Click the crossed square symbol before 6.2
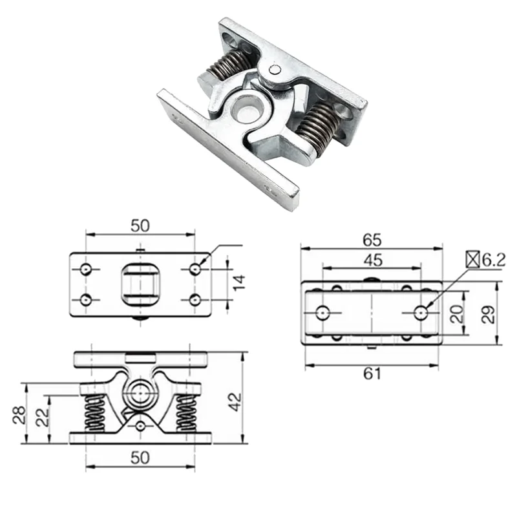point(473,260)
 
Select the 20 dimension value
point(457,314)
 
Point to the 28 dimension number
point(19,414)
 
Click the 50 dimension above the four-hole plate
point(140,226)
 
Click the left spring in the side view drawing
point(95,414)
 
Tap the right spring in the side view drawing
point(186,414)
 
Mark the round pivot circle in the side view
point(140,392)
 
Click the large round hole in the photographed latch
point(246,106)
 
